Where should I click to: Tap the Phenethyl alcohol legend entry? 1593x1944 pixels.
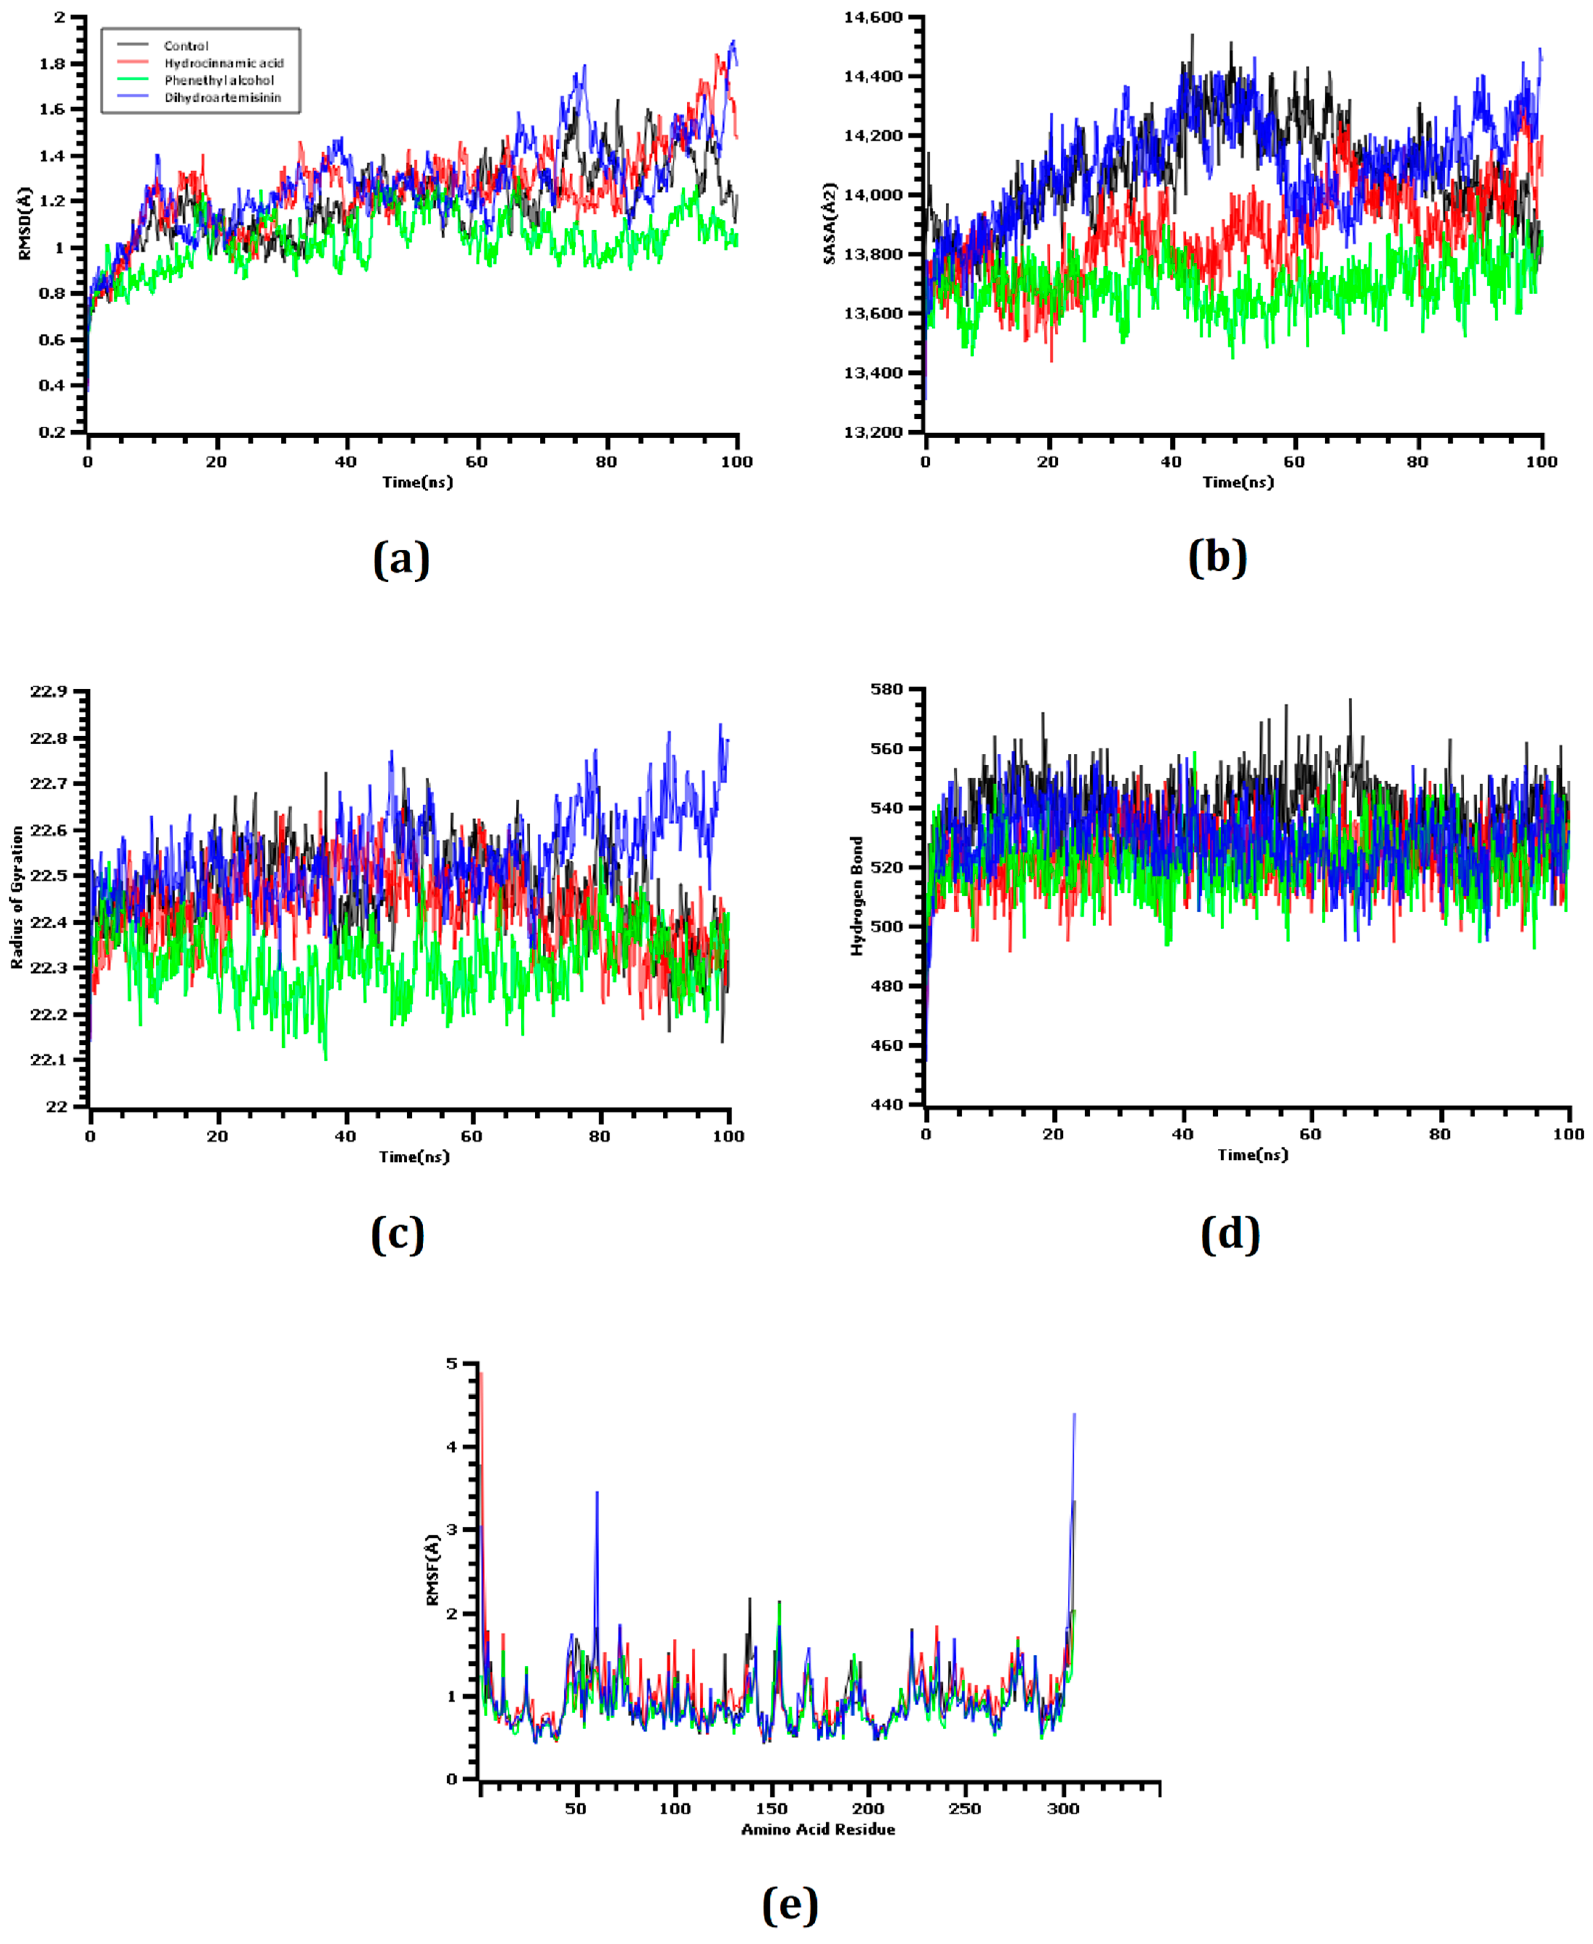coord(218,81)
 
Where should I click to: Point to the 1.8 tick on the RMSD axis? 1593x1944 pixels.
coord(52,63)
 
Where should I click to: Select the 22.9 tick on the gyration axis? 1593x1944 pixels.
coord(49,691)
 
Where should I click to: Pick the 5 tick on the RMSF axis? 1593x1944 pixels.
coord(451,1364)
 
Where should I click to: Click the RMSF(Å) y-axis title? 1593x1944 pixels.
coord(433,1570)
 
